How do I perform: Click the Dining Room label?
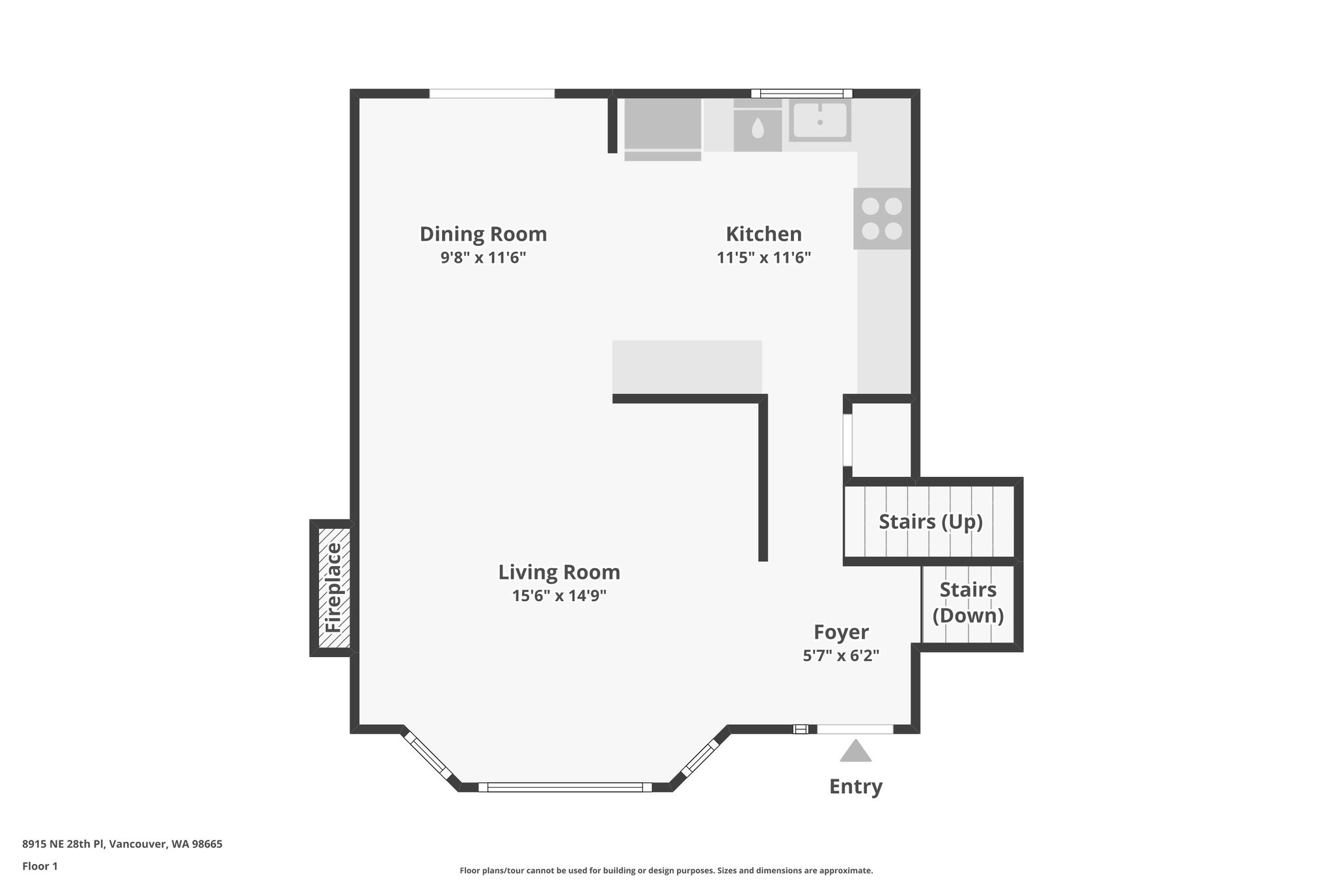point(483,234)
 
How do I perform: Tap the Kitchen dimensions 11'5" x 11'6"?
point(763,258)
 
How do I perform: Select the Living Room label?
point(559,572)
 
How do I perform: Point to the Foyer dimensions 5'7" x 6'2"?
point(841,656)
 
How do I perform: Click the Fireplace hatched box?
point(333,588)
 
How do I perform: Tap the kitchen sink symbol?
point(819,121)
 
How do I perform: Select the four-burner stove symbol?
point(882,219)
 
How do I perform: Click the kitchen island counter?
point(687,366)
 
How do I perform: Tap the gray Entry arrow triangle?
point(855,751)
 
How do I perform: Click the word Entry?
point(855,787)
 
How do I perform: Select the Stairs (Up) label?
point(930,522)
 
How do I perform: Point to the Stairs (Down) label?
point(968,602)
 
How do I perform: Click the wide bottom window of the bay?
point(564,787)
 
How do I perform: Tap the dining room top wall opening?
point(491,94)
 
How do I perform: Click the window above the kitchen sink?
point(802,93)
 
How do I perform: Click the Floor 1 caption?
point(40,866)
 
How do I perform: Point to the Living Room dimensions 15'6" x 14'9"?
point(559,596)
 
